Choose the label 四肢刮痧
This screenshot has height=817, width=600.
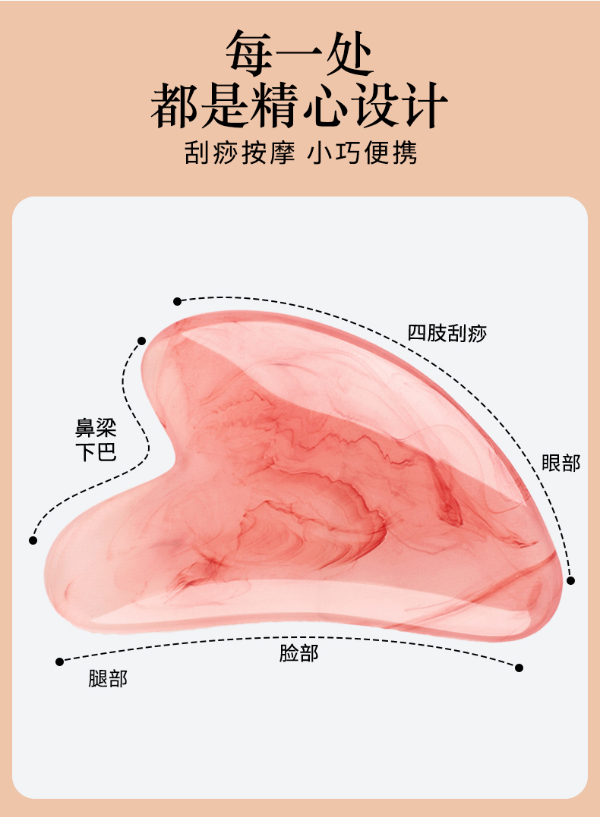447,333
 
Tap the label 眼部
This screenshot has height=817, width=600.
561,463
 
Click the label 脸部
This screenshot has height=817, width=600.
298,653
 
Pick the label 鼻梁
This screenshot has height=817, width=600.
96,429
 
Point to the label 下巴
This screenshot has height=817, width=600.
96,453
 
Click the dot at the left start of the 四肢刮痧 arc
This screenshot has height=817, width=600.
178,301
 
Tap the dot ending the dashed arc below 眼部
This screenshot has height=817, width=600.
570,580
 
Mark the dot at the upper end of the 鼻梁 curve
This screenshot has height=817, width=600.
141,341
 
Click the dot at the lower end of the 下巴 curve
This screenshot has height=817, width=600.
33,540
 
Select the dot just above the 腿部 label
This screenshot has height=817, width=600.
59,661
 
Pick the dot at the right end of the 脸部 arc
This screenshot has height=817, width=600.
519,668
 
